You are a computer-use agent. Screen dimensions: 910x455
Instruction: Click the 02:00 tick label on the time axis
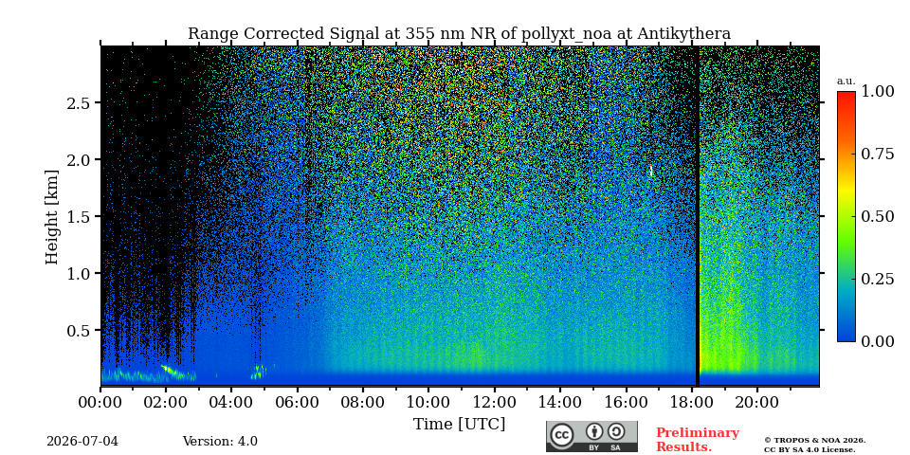(166, 402)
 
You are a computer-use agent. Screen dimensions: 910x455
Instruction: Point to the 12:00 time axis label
(495, 402)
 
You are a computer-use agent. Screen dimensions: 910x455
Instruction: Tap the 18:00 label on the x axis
(692, 402)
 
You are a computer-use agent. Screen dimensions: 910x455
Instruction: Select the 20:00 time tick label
(758, 402)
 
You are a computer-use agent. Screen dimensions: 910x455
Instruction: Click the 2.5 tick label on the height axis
(79, 102)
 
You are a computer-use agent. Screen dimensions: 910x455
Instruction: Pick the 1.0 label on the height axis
(79, 273)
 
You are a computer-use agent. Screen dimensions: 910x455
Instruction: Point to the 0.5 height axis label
(79, 330)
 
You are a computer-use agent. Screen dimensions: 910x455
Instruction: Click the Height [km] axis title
(52, 217)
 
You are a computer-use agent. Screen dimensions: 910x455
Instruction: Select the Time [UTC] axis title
(459, 425)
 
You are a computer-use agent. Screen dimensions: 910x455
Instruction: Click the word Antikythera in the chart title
(684, 34)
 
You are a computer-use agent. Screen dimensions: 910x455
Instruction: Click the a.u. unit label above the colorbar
(846, 82)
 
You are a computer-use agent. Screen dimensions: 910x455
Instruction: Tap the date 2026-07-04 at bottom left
(82, 442)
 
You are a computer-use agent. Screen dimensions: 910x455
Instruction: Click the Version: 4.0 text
(220, 442)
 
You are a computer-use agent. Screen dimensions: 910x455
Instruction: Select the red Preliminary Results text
(698, 440)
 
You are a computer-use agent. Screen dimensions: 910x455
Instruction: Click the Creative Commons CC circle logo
(562, 436)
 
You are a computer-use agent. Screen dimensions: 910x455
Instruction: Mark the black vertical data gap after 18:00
(698, 216)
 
